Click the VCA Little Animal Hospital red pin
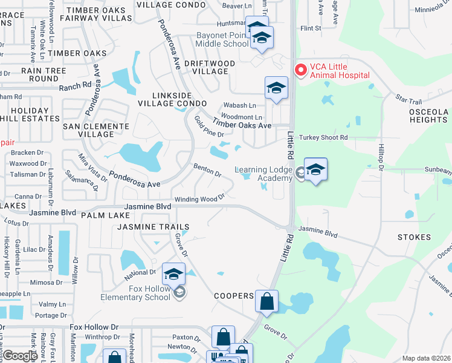pyautogui.click(x=299, y=70)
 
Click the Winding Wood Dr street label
pyautogui.click(x=199, y=198)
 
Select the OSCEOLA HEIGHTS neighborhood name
pyautogui.click(x=428, y=116)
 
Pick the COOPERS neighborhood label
pyautogui.click(x=233, y=296)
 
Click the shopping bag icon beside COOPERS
pyautogui.click(x=266, y=301)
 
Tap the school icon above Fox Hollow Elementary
pyautogui.click(x=173, y=274)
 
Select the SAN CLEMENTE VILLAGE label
pyautogui.click(x=96, y=129)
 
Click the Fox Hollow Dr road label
pyautogui.click(x=94, y=327)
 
